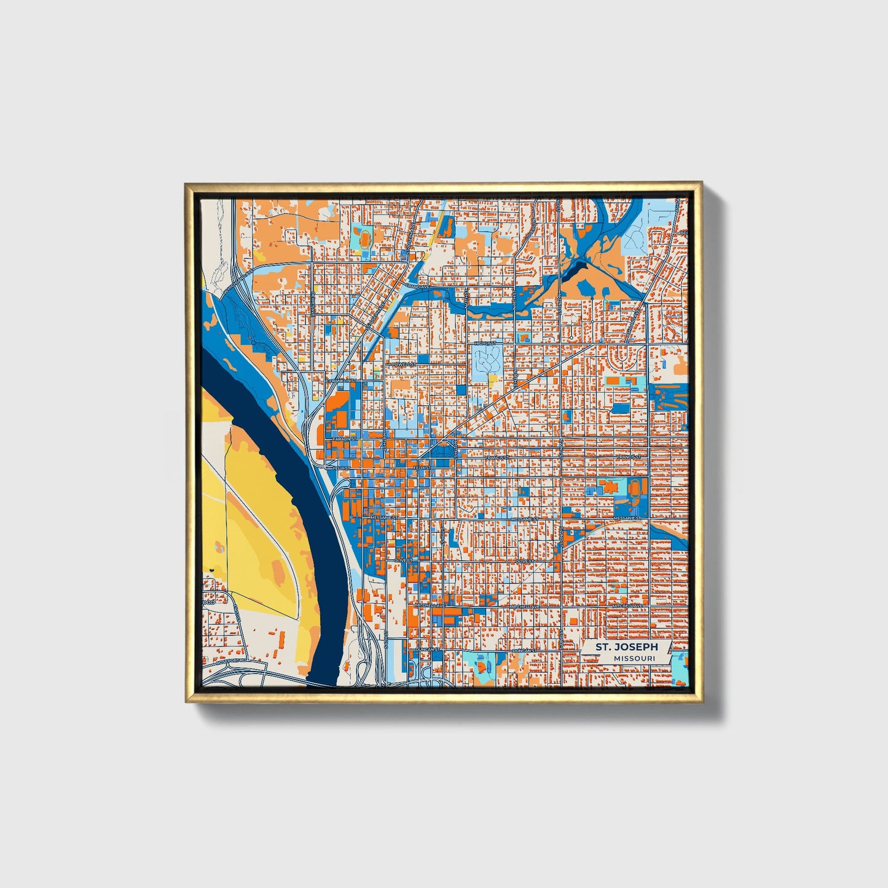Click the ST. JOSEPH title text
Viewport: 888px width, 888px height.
(x=626, y=647)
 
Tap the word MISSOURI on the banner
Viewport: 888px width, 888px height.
(x=633, y=658)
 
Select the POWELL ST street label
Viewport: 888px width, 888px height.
(x=406, y=364)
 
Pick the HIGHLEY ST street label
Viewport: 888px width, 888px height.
(x=484, y=343)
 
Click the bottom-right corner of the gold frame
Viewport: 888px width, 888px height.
(x=701, y=701)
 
